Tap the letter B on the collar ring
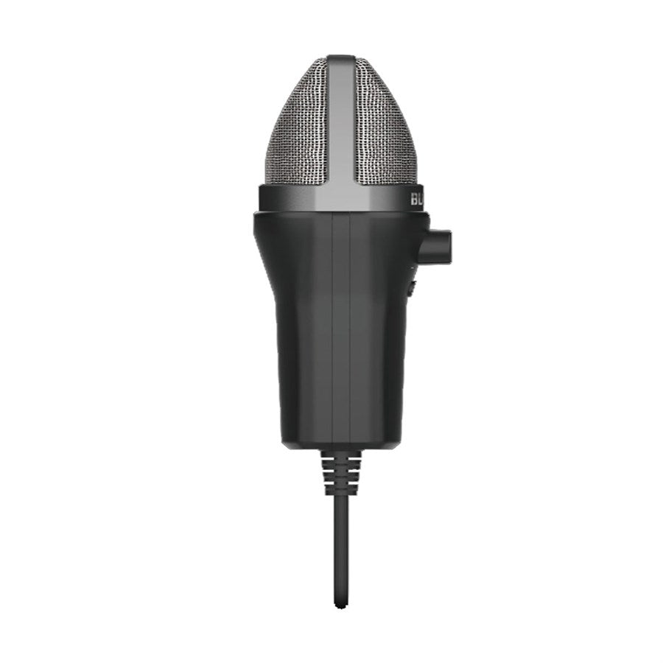coord(413,199)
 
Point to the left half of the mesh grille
coord(298,133)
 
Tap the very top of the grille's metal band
coord(340,57)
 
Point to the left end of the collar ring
coord(262,199)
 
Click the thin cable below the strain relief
coord(340,545)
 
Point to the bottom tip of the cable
coord(340,606)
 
